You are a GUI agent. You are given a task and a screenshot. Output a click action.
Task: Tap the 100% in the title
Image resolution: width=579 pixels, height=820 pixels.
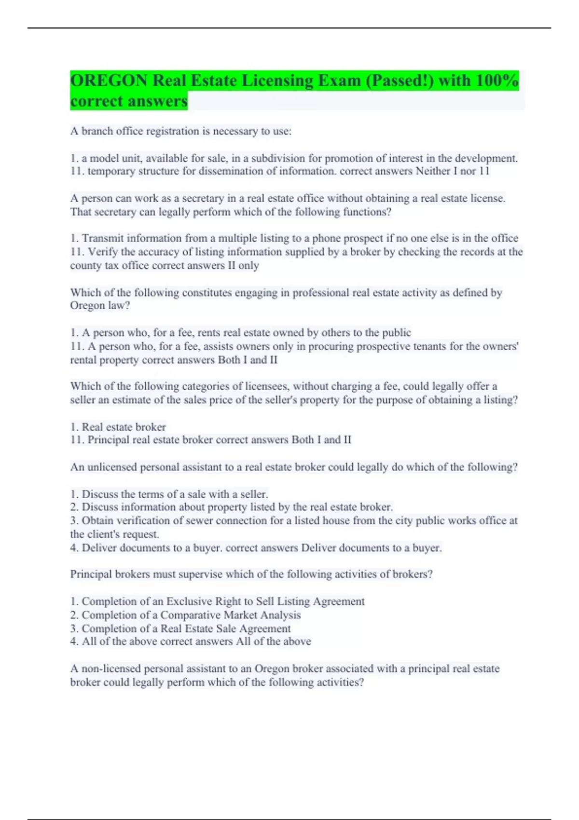coord(496,81)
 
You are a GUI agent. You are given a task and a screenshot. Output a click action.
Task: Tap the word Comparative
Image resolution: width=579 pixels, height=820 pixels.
coord(192,615)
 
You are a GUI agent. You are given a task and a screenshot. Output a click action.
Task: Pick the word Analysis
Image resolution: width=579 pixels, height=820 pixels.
coord(280,615)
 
